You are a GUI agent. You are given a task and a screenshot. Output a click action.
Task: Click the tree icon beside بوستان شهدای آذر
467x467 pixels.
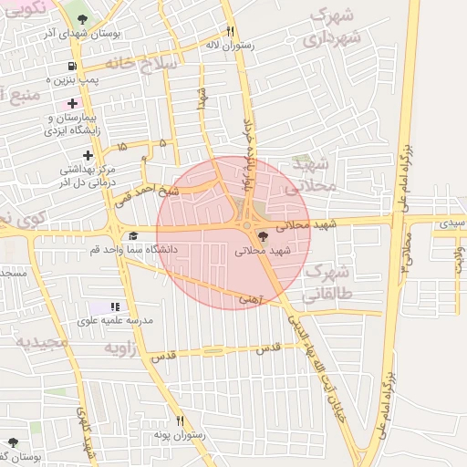tap(84, 19)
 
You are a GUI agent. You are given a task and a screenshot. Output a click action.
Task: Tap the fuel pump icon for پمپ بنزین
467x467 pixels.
tap(72, 67)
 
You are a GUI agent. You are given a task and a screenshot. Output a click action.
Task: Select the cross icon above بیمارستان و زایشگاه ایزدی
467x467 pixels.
tap(72, 104)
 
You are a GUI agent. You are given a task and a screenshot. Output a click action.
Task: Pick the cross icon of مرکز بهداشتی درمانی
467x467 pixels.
tap(88, 156)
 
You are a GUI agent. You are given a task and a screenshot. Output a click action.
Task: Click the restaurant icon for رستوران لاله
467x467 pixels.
tap(230, 30)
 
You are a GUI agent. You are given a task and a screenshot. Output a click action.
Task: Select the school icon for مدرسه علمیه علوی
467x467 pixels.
tap(115, 307)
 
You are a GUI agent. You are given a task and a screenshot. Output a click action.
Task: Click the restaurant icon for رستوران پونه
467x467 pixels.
tap(181, 420)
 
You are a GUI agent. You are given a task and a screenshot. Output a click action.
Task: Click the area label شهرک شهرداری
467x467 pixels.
tap(333, 27)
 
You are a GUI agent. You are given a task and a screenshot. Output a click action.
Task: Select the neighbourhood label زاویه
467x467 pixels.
tap(123, 348)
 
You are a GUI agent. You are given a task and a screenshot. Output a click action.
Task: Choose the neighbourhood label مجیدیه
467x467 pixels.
tap(42, 342)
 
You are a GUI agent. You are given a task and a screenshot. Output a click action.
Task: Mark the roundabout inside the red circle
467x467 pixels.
tap(246, 226)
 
